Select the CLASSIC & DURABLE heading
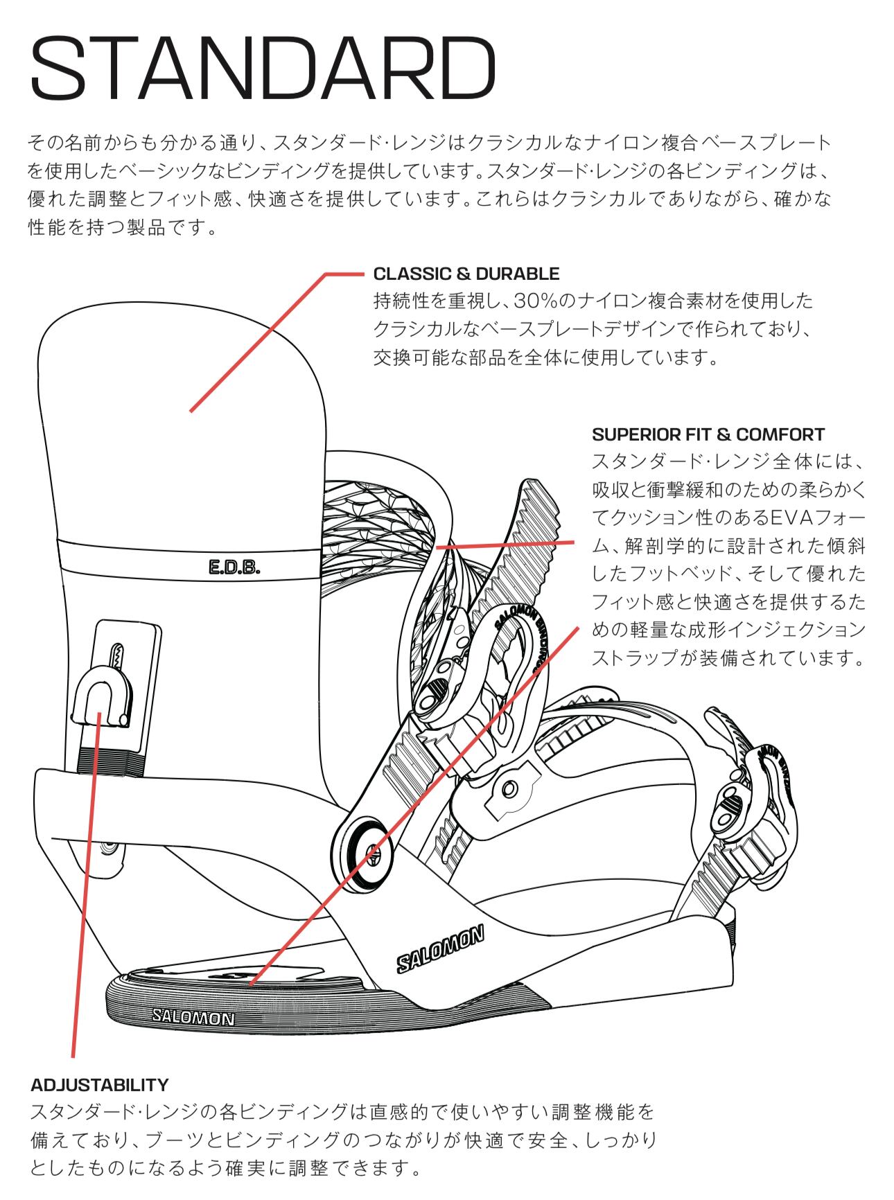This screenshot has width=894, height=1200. click(466, 274)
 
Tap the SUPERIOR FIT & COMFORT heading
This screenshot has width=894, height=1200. click(708, 435)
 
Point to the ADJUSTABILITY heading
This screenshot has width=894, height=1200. click(100, 1084)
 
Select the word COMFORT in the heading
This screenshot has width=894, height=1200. click(780, 435)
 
